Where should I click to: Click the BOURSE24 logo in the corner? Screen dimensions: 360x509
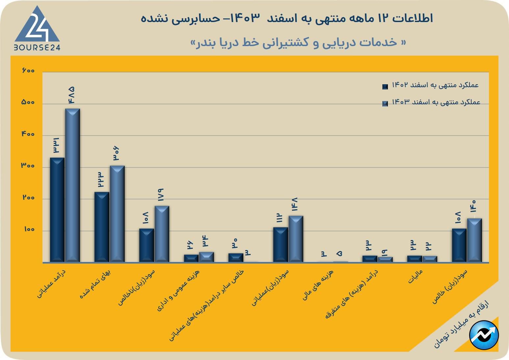[37, 29]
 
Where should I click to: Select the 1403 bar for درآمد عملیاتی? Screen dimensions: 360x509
[72, 185]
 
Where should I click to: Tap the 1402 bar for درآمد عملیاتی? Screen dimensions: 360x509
[57, 210]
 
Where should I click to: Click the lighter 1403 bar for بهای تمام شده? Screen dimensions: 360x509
[117, 214]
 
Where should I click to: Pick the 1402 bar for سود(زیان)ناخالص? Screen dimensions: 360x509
[146, 245]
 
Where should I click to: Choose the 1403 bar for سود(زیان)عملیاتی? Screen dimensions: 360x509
[296, 239]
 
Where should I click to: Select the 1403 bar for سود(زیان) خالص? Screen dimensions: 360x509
[474, 240]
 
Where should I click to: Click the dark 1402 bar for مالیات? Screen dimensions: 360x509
[414, 259]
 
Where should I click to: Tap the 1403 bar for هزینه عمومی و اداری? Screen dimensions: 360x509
[206, 257]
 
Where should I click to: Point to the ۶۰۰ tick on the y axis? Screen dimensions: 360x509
[28, 70]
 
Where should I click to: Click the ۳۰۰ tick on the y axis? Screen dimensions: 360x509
[28, 166]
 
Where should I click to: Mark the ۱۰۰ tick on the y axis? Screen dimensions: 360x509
[29, 229]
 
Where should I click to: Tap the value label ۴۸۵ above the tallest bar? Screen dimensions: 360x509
[71, 95]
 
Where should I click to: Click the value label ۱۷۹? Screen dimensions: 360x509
[161, 195]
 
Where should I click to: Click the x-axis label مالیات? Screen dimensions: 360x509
[415, 277]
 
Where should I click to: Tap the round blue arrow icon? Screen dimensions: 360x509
[484, 335]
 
